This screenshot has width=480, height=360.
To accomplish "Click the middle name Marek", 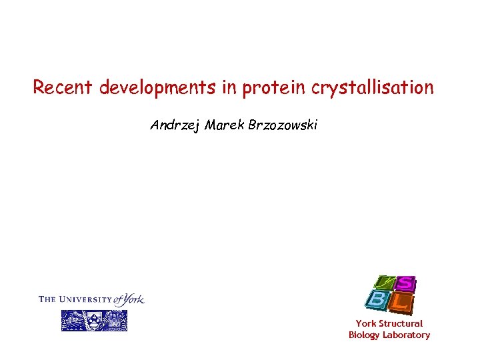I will click(225, 125).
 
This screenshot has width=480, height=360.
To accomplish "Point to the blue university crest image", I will click(94, 321).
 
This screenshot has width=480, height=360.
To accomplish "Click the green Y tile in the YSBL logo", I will click(383, 283).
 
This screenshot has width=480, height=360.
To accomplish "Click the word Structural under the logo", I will click(400, 323).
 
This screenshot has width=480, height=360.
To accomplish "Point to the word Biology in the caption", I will click(365, 335).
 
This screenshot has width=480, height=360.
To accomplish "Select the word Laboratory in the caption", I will click(406, 335).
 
